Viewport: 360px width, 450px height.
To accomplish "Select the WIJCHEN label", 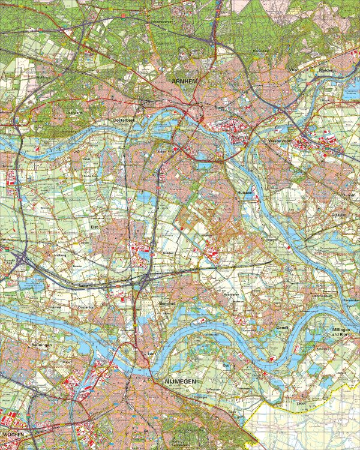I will click(x=13, y=433).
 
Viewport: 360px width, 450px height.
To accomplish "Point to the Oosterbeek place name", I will click(x=126, y=121).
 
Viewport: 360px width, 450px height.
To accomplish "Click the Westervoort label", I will click(x=280, y=142).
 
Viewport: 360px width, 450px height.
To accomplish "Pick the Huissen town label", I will click(x=244, y=193).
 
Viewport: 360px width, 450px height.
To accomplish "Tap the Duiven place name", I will click(x=347, y=196).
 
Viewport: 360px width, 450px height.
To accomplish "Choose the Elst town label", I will click(x=94, y=227).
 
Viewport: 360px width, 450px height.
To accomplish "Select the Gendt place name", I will click(x=283, y=328).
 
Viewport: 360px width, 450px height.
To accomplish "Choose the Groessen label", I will click(x=340, y=215).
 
